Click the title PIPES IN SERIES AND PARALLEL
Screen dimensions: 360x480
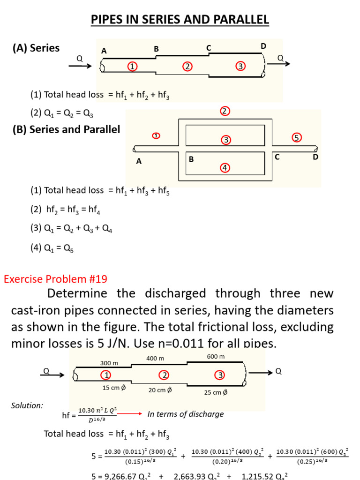[180, 20]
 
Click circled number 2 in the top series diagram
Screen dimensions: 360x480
[187, 67]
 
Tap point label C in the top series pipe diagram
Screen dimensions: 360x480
[209, 48]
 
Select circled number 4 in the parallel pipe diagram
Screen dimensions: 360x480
[225, 167]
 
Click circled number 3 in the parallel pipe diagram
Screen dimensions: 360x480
[225, 140]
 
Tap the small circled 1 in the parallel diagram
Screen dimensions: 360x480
[156, 136]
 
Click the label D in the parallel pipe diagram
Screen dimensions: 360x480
[315, 157]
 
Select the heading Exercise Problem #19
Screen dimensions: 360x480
[56, 279]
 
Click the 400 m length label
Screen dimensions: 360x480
[156, 358]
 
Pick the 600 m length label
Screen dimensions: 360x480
[216, 356]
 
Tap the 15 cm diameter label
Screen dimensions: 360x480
[114, 388]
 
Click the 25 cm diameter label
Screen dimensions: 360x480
[216, 392]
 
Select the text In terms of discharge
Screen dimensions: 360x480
[186, 414]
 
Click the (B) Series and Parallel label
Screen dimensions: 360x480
[66, 129]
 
